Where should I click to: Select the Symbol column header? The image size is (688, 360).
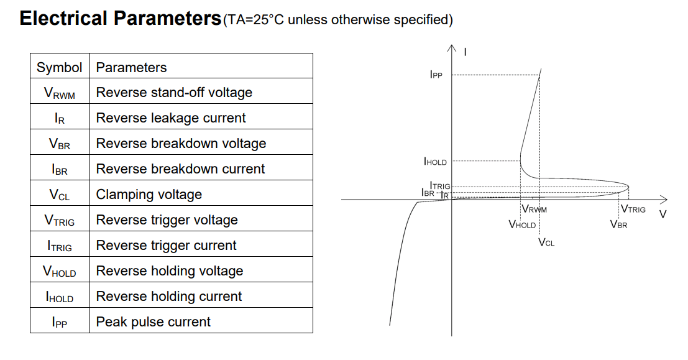point(59,67)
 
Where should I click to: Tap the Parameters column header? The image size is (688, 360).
point(131,67)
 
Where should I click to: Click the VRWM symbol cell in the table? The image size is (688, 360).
point(59,93)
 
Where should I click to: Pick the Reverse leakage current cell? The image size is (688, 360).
point(171,118)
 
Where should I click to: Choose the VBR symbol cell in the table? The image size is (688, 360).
point(59,144)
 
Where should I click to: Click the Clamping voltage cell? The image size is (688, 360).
point(149,195)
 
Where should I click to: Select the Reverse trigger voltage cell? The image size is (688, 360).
point(167,220)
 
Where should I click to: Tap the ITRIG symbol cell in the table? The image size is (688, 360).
point(59,246)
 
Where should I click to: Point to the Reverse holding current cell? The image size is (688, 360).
point(169,297)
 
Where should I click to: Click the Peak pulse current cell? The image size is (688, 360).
point(154,322)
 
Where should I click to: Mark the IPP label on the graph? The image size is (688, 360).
point(436,75)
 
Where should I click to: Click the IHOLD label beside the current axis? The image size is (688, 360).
point(435,162)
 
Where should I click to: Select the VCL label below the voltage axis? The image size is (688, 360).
point(546,242)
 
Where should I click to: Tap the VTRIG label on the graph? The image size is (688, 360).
point(633,210)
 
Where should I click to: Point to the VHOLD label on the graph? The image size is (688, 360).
point(521,224)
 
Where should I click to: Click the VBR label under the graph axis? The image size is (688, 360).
point(618,224)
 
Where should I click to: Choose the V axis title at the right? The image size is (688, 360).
point(663,215)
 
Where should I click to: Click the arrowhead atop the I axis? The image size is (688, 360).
point(452,48)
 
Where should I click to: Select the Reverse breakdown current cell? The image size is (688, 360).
point(180,169)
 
